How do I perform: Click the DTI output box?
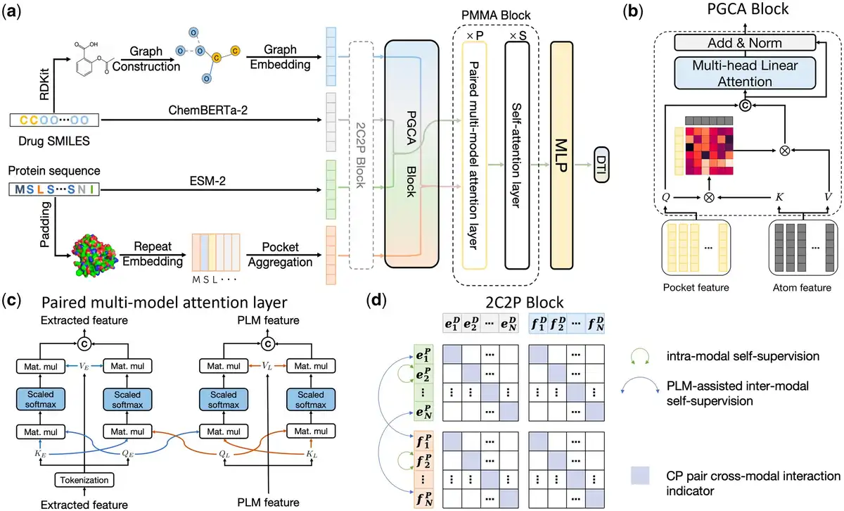[x=601, y=165]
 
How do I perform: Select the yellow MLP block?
[x=561, y=156]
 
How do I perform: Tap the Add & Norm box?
[x=745, y=43]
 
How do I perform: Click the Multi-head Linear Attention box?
[x=745, y=73]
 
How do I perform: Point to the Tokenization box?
[x=84, y=480]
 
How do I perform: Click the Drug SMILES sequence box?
[x=54, y=120]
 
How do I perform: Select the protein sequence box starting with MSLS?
[x=54, y=189]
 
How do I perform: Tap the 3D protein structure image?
[x=94, y=255]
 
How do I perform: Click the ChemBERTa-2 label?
[x=207, y=110]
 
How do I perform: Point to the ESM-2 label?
[x=207, y=181]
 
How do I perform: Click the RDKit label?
[x=44, y=84]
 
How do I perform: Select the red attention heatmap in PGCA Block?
[x=709, y=151]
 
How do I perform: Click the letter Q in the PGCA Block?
[x=666, y=197]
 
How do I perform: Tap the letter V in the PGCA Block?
[x=828, y=197]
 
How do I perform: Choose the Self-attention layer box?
[x=517, y=156]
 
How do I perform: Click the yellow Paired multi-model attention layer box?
[x=474, y=156]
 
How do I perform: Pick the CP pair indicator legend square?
[x=640, y=475]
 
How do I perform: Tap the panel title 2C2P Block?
[x=525, y=303]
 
